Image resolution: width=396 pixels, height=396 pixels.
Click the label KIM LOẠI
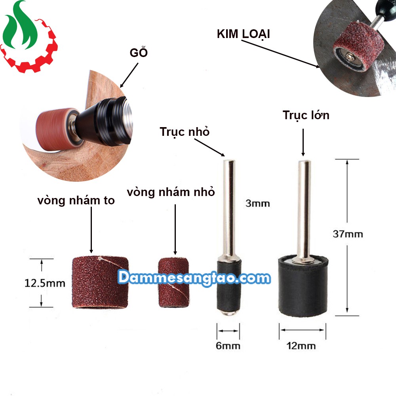tap(243, 34)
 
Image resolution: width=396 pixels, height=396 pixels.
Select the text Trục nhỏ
tap(185, 132)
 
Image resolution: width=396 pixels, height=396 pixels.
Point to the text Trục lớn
tap(306, 115)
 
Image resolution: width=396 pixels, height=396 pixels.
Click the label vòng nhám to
tap(76, 201)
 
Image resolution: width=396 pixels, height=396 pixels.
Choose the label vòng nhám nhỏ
tap(171, 192)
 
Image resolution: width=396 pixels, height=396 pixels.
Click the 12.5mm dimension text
tap(45, 283)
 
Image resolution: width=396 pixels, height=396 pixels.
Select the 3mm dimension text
tap(257, 204)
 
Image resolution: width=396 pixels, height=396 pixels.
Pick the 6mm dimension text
tap(228, 346)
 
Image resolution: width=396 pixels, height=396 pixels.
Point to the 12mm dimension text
tap(302, 346)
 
